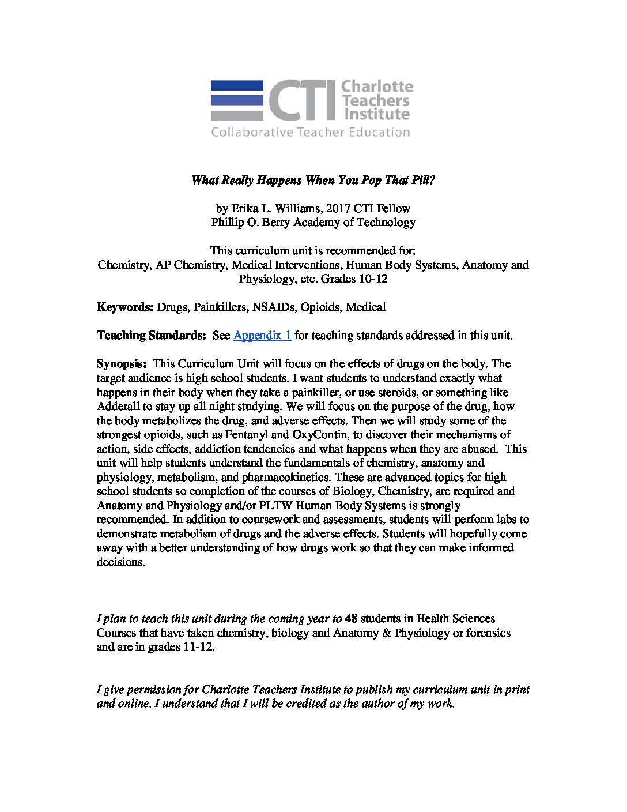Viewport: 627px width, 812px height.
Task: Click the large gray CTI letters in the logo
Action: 301,100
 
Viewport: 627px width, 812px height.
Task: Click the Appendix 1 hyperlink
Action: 262,335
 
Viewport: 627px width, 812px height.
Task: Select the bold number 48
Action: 350,618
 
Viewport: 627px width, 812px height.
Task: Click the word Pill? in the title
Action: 423,180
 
